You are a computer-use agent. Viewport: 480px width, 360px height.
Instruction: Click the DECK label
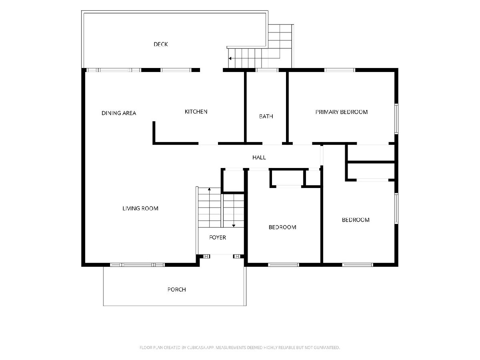tap(161, 44)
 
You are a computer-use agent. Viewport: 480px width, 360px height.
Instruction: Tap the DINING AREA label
tap(119, 113)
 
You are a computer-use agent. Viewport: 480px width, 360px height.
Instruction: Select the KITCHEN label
tap(196, 112)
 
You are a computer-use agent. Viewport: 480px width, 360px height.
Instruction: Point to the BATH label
tap(266, 116)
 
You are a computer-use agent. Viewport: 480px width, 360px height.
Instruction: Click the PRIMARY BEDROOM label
tap(341, 112)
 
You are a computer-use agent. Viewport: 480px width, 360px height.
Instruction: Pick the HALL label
tap(259, 157)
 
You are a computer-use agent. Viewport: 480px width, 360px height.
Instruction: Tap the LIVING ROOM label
tap(140, 208)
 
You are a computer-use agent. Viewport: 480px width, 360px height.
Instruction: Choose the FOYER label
tap(217, 238)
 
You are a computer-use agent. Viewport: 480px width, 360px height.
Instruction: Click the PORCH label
tap(176, 290)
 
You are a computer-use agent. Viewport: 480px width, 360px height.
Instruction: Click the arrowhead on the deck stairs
tap(230, 58)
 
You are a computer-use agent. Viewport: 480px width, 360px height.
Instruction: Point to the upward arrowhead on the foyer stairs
tap(209, 189)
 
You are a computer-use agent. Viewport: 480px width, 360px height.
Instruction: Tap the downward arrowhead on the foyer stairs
tap(234, 226)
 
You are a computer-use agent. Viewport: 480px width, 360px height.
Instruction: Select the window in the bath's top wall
tap(267, 70)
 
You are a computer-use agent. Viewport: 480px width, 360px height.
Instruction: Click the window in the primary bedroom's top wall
tap(339, 70)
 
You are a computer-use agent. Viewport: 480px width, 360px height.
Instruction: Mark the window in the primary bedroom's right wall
tap(396, 119)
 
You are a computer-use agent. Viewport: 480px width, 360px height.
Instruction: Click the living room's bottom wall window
tap(137, 265)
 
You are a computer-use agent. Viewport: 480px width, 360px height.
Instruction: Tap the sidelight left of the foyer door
tap(207, 256)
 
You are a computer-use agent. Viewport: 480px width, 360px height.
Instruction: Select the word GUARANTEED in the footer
tap(327, 348)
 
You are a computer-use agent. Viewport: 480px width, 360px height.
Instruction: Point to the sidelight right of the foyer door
tap(237, 256)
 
